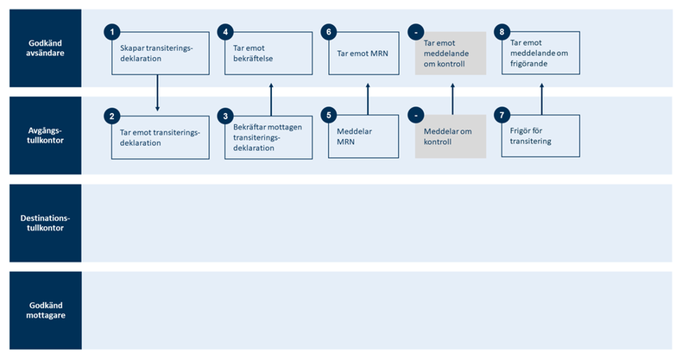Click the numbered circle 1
tap(111, 32)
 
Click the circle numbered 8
tap(502, 32)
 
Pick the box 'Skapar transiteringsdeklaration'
tap(159, 54)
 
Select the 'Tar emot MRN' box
tap(367, 54)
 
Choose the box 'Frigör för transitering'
tap(541, 136)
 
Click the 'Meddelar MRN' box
tap(367, 136)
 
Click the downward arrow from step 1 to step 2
tap(157, 93)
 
